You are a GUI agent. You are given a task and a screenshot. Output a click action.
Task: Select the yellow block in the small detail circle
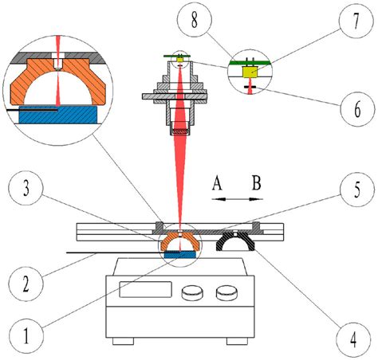249,71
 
